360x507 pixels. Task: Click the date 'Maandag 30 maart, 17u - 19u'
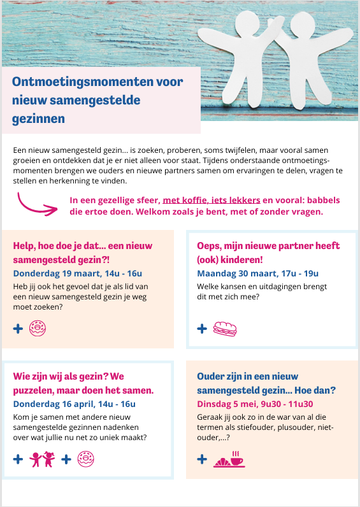pyautogui.click(x=257, y=273)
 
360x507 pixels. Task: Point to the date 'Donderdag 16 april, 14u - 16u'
pyautogui.click(x=74, y=404)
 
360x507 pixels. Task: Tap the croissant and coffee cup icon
pyautogui.click(x=229, y=459)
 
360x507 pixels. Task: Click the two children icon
pyautogui.click(x=43, y=459)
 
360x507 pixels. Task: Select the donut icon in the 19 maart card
pyautogui.click(x=38, y=329)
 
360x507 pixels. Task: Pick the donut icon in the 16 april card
pyautogui.click(x=85, y=459)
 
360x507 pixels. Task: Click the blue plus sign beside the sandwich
pyautogui.click(x=202, y=329)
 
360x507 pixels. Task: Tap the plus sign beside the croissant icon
pyautogui.click(x=202, y=459)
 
